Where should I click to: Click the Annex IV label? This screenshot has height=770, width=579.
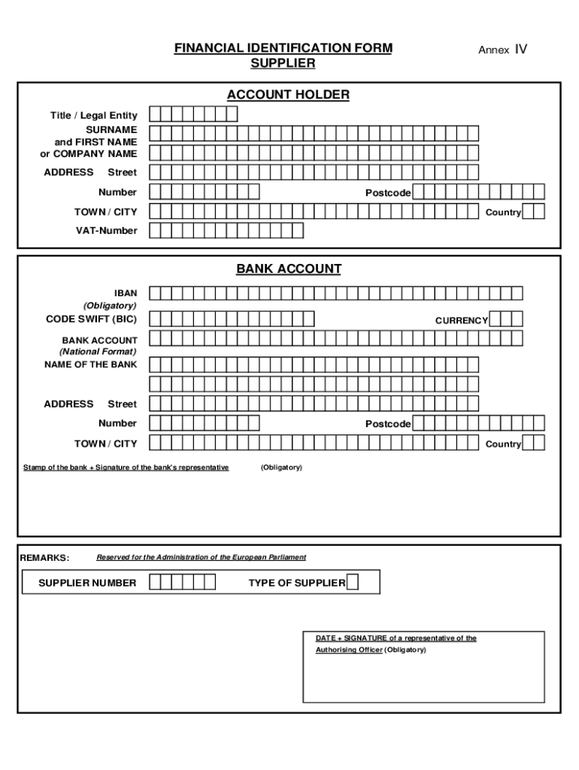point(502,50)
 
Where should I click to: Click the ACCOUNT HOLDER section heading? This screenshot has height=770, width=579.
point(289,95)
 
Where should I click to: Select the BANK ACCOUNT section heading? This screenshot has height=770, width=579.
point(289,268)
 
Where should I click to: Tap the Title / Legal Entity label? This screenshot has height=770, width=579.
point(93,115)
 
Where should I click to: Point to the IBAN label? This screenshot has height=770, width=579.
point(126,293)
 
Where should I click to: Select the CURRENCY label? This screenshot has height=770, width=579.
point(461,320)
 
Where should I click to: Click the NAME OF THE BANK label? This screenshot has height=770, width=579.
point(91,365)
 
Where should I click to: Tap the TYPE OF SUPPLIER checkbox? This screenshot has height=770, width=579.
point(353,582)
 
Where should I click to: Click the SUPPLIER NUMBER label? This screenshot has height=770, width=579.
point(87,583)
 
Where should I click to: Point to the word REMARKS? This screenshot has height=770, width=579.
point(44,558)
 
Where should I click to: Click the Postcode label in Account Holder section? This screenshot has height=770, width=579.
point(388,193)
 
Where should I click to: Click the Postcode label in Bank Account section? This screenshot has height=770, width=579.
point(388,424)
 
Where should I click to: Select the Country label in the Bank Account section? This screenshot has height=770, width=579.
point(503,444)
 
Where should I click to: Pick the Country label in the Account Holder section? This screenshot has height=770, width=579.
point(503,213)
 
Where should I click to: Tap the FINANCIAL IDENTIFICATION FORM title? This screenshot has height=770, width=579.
point(283,49)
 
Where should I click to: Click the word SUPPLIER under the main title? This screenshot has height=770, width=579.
point(282,64)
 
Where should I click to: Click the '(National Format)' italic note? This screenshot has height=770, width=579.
point(98,351)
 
